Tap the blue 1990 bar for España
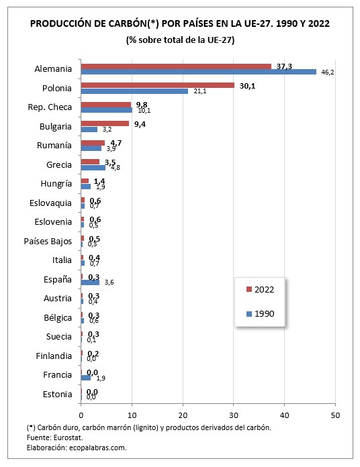click(90, 282)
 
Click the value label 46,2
click(326, 72)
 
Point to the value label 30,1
click(246, 85)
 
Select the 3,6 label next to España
click(109, 282)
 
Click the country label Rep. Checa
click(50, 107)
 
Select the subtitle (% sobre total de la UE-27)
click(179, 40)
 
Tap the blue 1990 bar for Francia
click(85, 377)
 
